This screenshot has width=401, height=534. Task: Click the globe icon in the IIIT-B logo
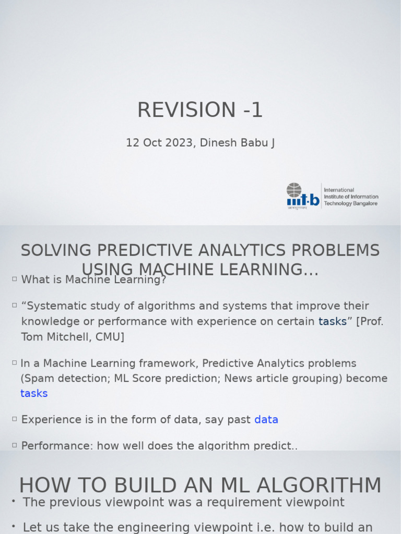294,190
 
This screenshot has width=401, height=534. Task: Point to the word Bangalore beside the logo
364,203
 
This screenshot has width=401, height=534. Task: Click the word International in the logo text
339,190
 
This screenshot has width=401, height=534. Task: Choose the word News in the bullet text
238,378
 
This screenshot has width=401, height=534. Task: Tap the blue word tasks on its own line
34,393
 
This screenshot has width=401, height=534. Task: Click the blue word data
266,419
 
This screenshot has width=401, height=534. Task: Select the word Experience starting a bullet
49,419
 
